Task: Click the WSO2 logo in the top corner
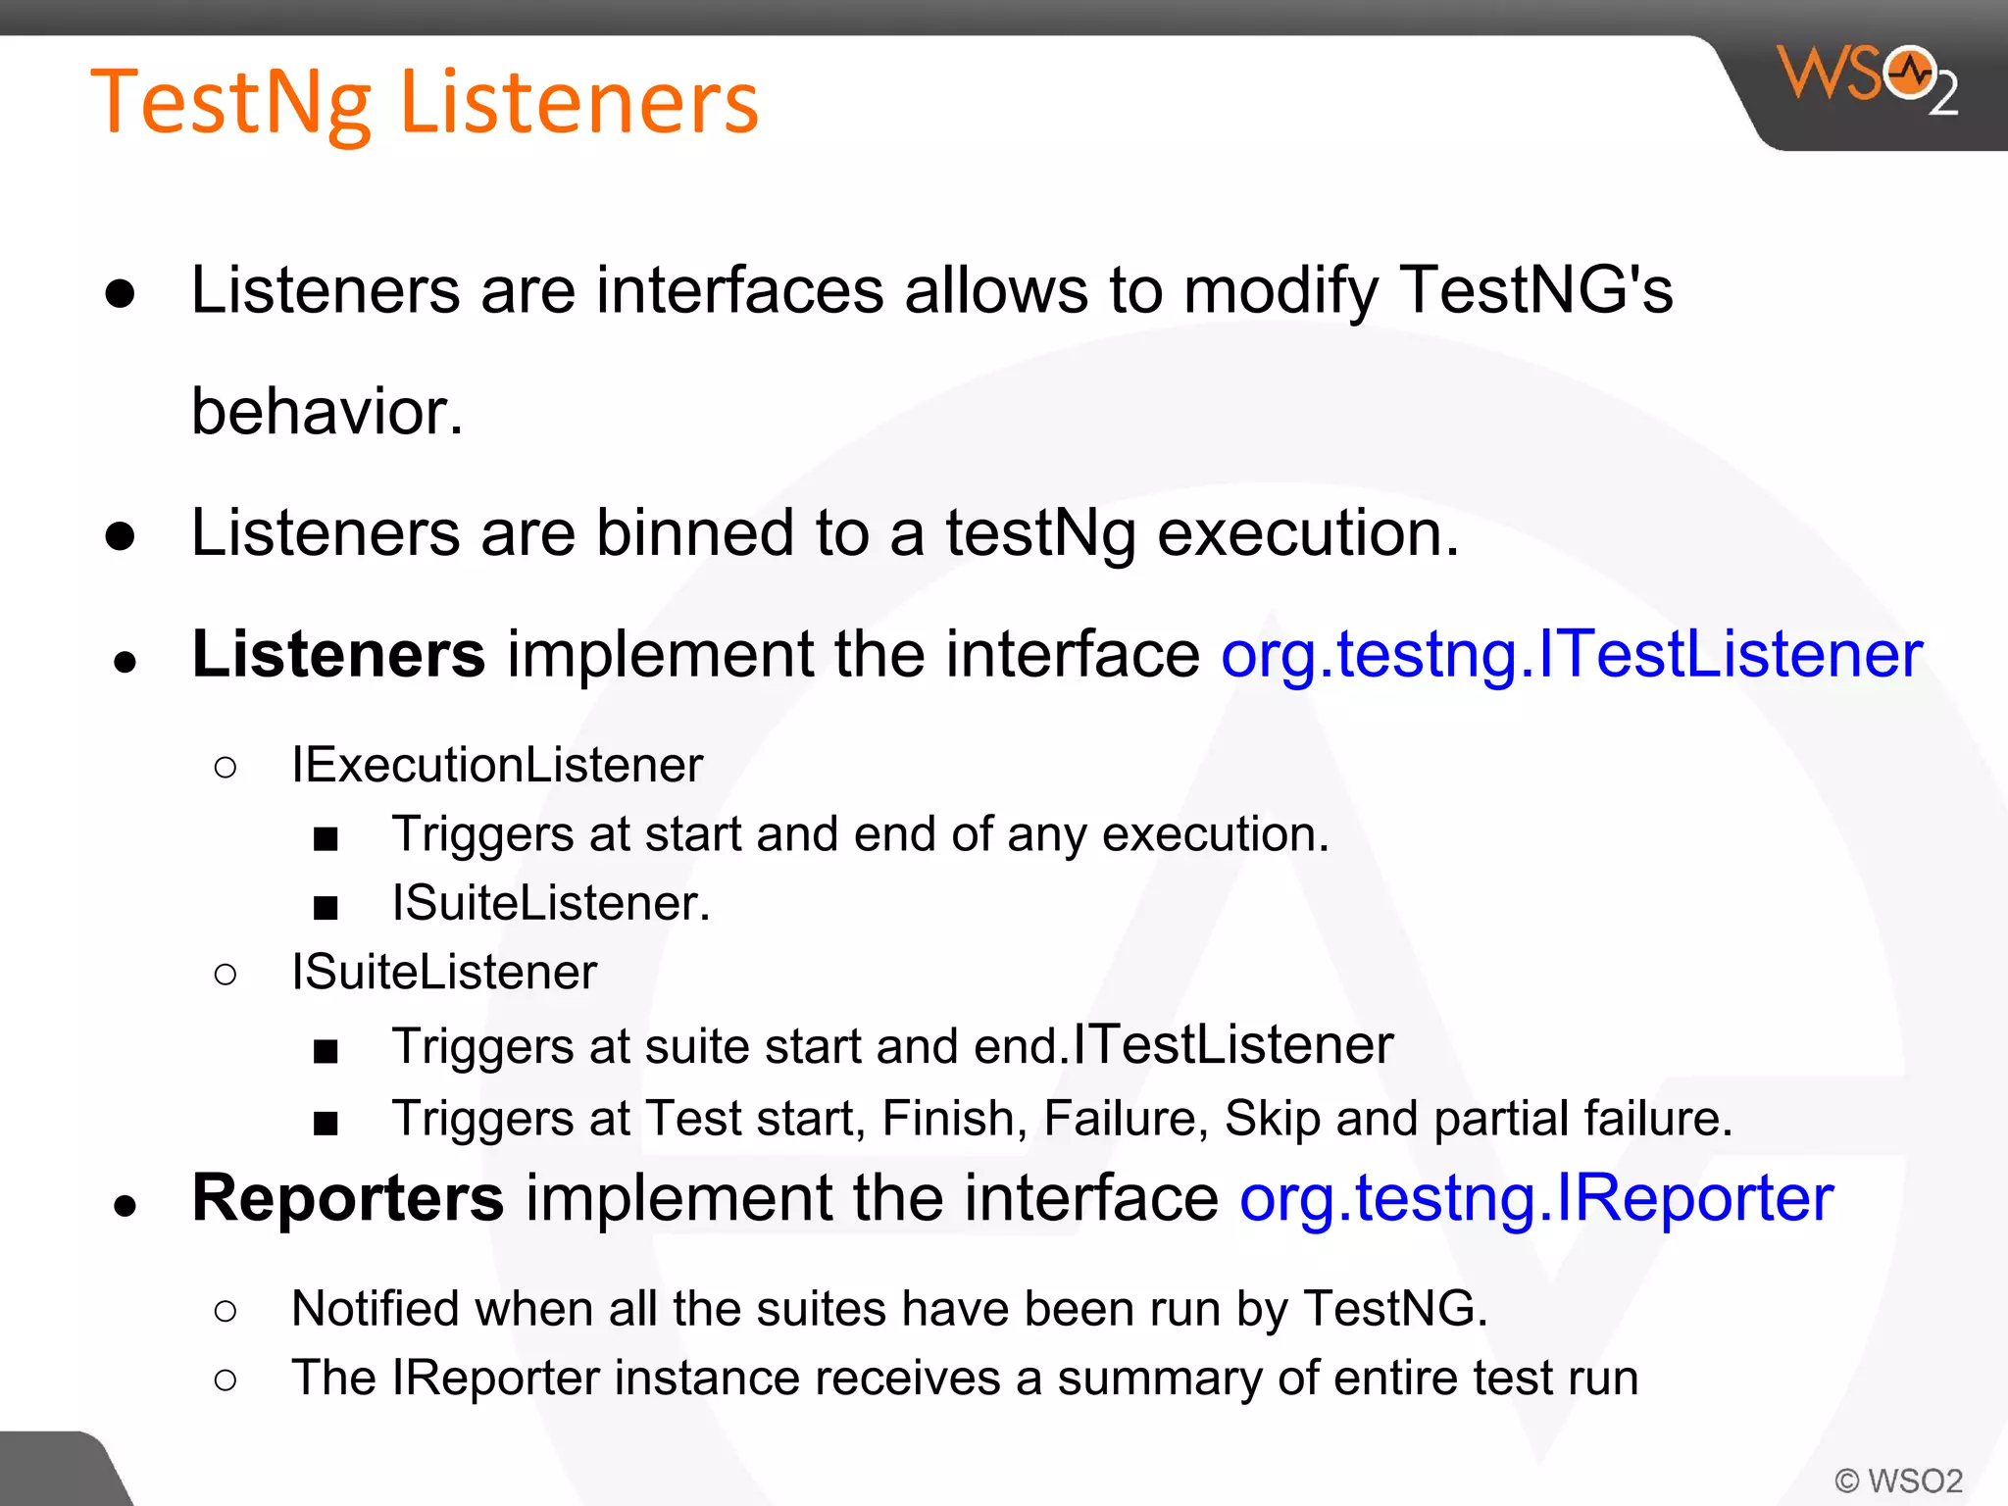[x=1868, y=78]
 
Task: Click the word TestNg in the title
[x=230, y=103]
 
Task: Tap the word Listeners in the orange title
[x=578, y=101]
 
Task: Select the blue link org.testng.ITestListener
[x=1571, y=654]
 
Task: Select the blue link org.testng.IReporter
[x=1535, y=1197]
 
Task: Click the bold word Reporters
[x=347, y=1197]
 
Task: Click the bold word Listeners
[x=338, y=654]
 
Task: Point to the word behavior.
[x=326, y=411]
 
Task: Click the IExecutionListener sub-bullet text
[x=497, y=765]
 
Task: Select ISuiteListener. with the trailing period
[x=550, y=903]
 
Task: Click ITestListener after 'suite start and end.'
[x=1232, y=1044]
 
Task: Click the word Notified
[x=375, y=1309]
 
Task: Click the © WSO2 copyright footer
[x=1898, y=1480]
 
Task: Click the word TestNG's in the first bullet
[x=1535, y=290]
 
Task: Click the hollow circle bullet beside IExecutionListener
[x=226, y=767]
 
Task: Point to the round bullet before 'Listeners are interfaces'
[x=121, y=293]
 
